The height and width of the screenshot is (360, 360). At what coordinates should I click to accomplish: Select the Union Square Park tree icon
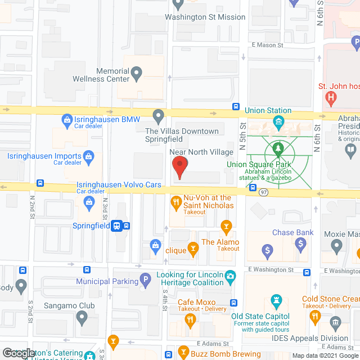point(277,148)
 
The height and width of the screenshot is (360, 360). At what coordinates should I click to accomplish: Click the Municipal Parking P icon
point(145,280)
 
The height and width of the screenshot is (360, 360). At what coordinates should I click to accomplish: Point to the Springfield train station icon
point(116,226)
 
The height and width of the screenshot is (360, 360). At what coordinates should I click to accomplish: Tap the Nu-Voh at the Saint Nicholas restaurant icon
point(176,200)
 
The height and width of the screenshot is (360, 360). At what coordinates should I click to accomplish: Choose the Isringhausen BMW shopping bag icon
point(67,119)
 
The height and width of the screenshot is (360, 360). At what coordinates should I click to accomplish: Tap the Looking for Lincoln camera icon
point(229,276)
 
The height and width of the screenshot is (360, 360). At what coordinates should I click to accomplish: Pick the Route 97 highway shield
point(263,192)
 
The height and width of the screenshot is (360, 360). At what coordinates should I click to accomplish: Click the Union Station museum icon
point(277,121)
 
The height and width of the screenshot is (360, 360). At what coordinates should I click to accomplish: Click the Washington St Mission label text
point(205,17)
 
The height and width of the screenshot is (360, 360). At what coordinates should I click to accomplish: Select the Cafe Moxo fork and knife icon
point(190,321)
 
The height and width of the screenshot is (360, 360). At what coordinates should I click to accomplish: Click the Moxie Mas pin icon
point(337,246)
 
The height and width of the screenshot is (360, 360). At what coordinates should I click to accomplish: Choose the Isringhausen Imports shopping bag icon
point(88,156)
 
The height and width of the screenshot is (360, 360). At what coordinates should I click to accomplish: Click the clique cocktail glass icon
point(193,248)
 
